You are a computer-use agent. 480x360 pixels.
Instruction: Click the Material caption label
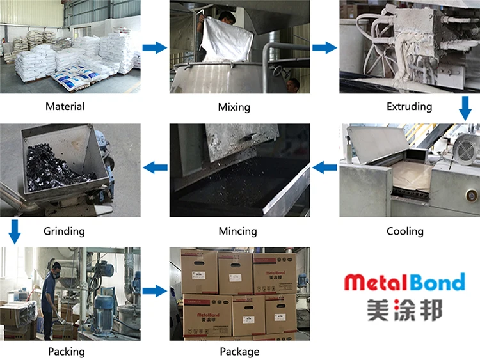[65, 106]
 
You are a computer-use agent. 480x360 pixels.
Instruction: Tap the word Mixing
[234, 107]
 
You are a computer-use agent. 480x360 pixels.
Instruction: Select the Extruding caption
[409, 106]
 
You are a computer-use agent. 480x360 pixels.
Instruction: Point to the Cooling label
[404, 231]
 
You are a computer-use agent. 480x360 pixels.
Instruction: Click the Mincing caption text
[237, 231]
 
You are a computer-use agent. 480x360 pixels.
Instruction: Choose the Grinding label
[64, 230]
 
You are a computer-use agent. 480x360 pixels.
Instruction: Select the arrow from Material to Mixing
[154, 47]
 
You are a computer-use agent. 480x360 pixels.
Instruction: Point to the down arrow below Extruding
[465, 108]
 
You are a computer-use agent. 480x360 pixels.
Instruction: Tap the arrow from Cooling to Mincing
[324, 168]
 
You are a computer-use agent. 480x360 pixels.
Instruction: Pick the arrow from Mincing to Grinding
[155, 168]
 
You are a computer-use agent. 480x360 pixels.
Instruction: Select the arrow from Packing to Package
[154, 292]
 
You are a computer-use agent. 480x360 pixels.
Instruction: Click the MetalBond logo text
[404, 281]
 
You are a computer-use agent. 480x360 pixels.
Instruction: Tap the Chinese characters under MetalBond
[404, 311]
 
